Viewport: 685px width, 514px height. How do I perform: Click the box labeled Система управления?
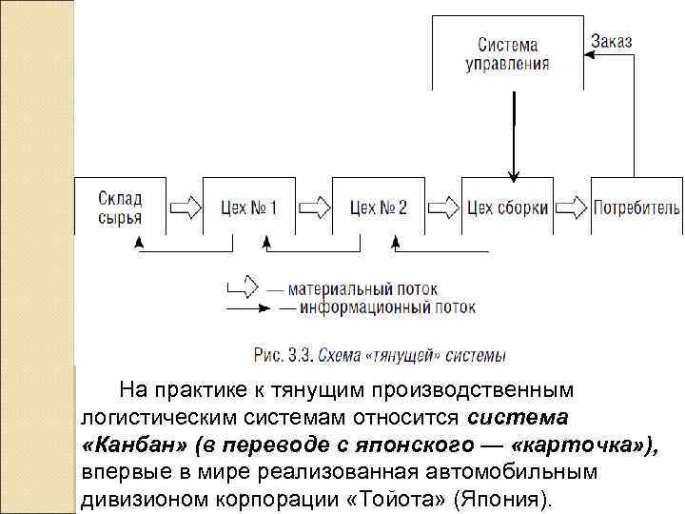[x=507, y=54]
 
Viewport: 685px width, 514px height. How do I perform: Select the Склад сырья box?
[x=120, y=207]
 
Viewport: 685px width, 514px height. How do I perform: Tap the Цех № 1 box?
[x=248, y=207]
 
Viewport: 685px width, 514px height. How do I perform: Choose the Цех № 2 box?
[x=378, y=207]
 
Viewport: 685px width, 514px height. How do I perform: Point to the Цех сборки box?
[x=506, y=207]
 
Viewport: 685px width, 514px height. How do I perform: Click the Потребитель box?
[x=636, y=207]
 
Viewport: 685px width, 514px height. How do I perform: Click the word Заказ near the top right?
[x=611, y=42]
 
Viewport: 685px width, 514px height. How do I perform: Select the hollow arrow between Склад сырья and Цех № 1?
[x=185, y=207]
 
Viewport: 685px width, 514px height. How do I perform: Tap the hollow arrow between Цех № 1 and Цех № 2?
[x=314, y=207]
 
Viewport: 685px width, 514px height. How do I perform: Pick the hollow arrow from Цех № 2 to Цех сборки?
[x=442, y=207]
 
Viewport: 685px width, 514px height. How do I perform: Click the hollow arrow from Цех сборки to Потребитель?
[x=571, y=207]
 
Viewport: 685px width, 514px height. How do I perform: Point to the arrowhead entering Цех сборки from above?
[x=514, y=174]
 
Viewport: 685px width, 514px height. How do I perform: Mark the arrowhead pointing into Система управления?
[x=588, y=54]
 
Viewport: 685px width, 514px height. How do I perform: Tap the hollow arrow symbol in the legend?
[x=243, y=285]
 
